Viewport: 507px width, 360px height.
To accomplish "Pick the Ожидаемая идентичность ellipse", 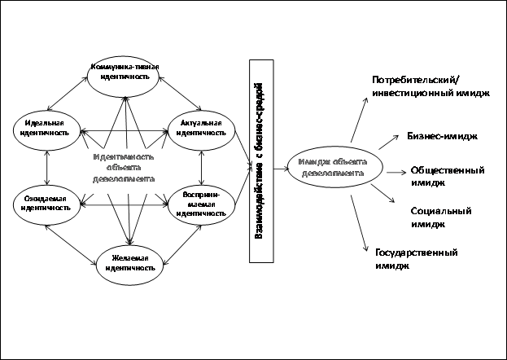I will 46,203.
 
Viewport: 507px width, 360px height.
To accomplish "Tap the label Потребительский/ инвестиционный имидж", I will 431,87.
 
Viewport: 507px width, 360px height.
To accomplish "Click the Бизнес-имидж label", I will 442,136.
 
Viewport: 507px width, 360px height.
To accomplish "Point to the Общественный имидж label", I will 448,176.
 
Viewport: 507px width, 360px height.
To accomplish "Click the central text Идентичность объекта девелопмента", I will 124,166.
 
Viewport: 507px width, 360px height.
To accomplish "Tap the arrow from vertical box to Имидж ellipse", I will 280,169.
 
